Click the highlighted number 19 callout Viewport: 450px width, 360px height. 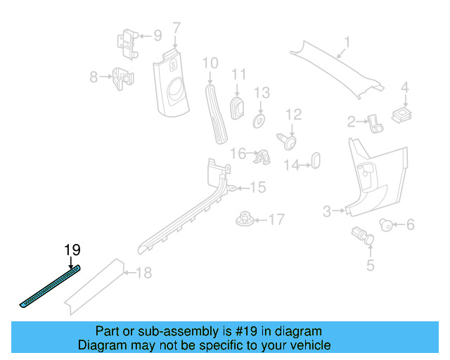72,249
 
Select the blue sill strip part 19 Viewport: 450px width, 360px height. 50,286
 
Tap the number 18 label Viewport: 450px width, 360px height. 143,273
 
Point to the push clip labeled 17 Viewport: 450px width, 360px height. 244,219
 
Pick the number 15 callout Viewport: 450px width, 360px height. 257,187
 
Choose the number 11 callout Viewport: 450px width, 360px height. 239,75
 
